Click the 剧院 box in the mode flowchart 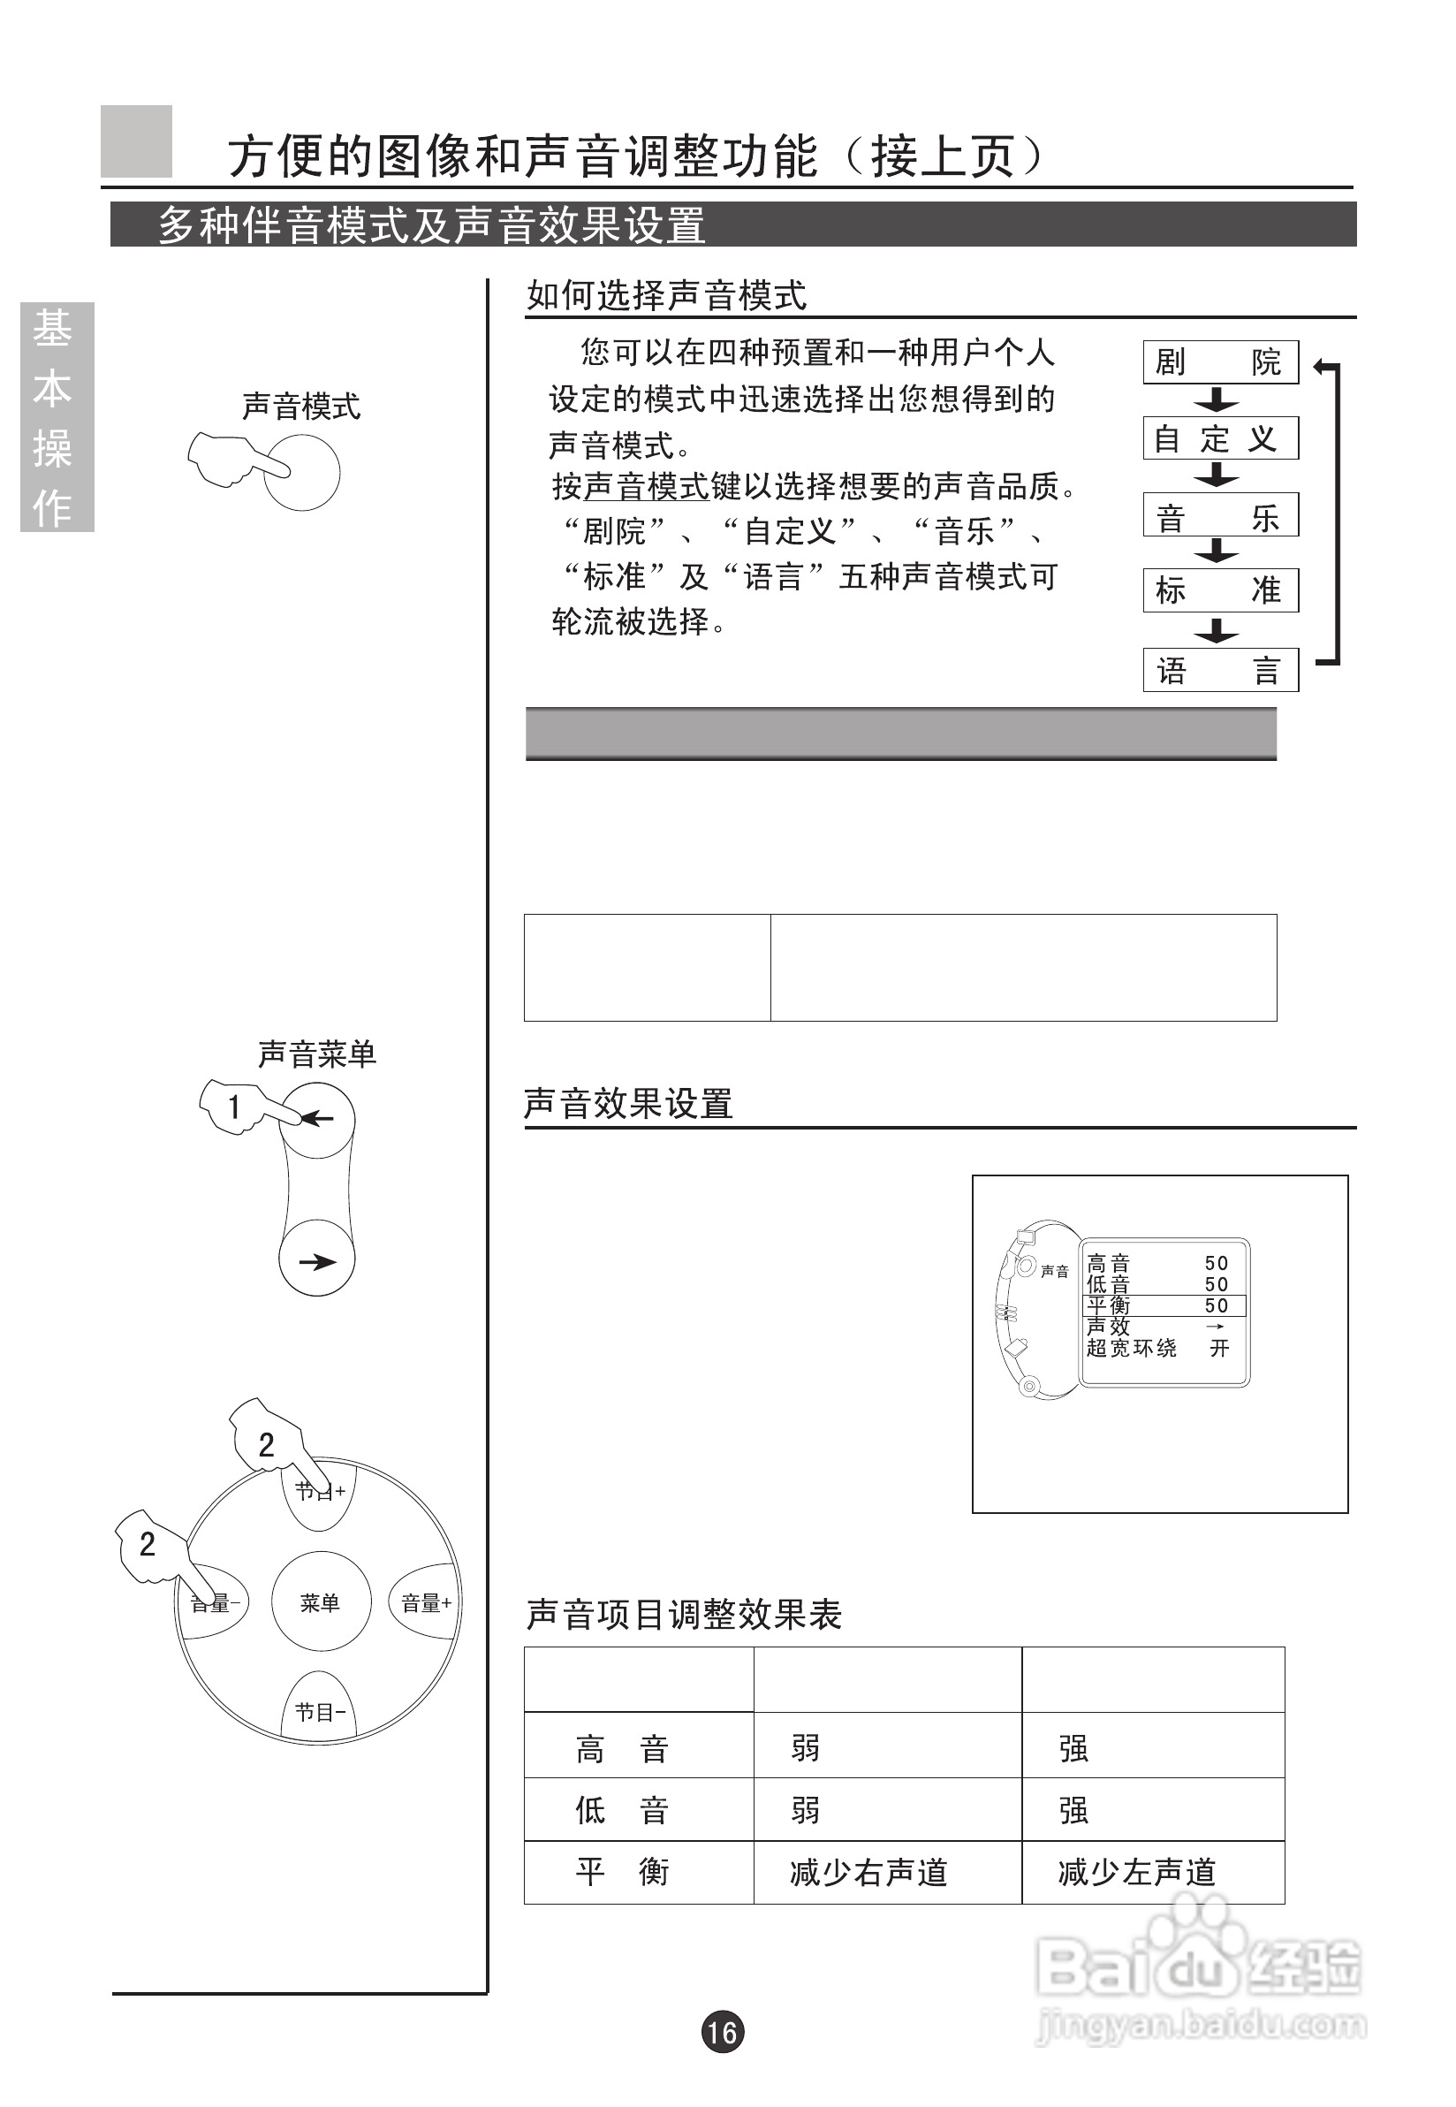coord(1220,362)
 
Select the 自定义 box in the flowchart coord(1220,439)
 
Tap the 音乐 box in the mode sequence coord(1220,516)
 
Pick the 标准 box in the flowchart coord(1220,590)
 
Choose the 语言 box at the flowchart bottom coord(1220,671)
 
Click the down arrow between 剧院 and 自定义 coord(1216,399)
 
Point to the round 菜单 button coord(320,1602)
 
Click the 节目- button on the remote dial coord(320,1713)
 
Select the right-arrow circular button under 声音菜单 coord(316,1262)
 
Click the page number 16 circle coord(723,2032)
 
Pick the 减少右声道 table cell coord(868,1873)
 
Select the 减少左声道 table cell coord(1137,1873)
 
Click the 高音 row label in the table coord(622,1749)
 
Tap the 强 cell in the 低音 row coord(1073,1810)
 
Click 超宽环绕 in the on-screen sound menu coord(1131,1348)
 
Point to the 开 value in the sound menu coord(1219,1348)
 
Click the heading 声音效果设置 coord(627,1103)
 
